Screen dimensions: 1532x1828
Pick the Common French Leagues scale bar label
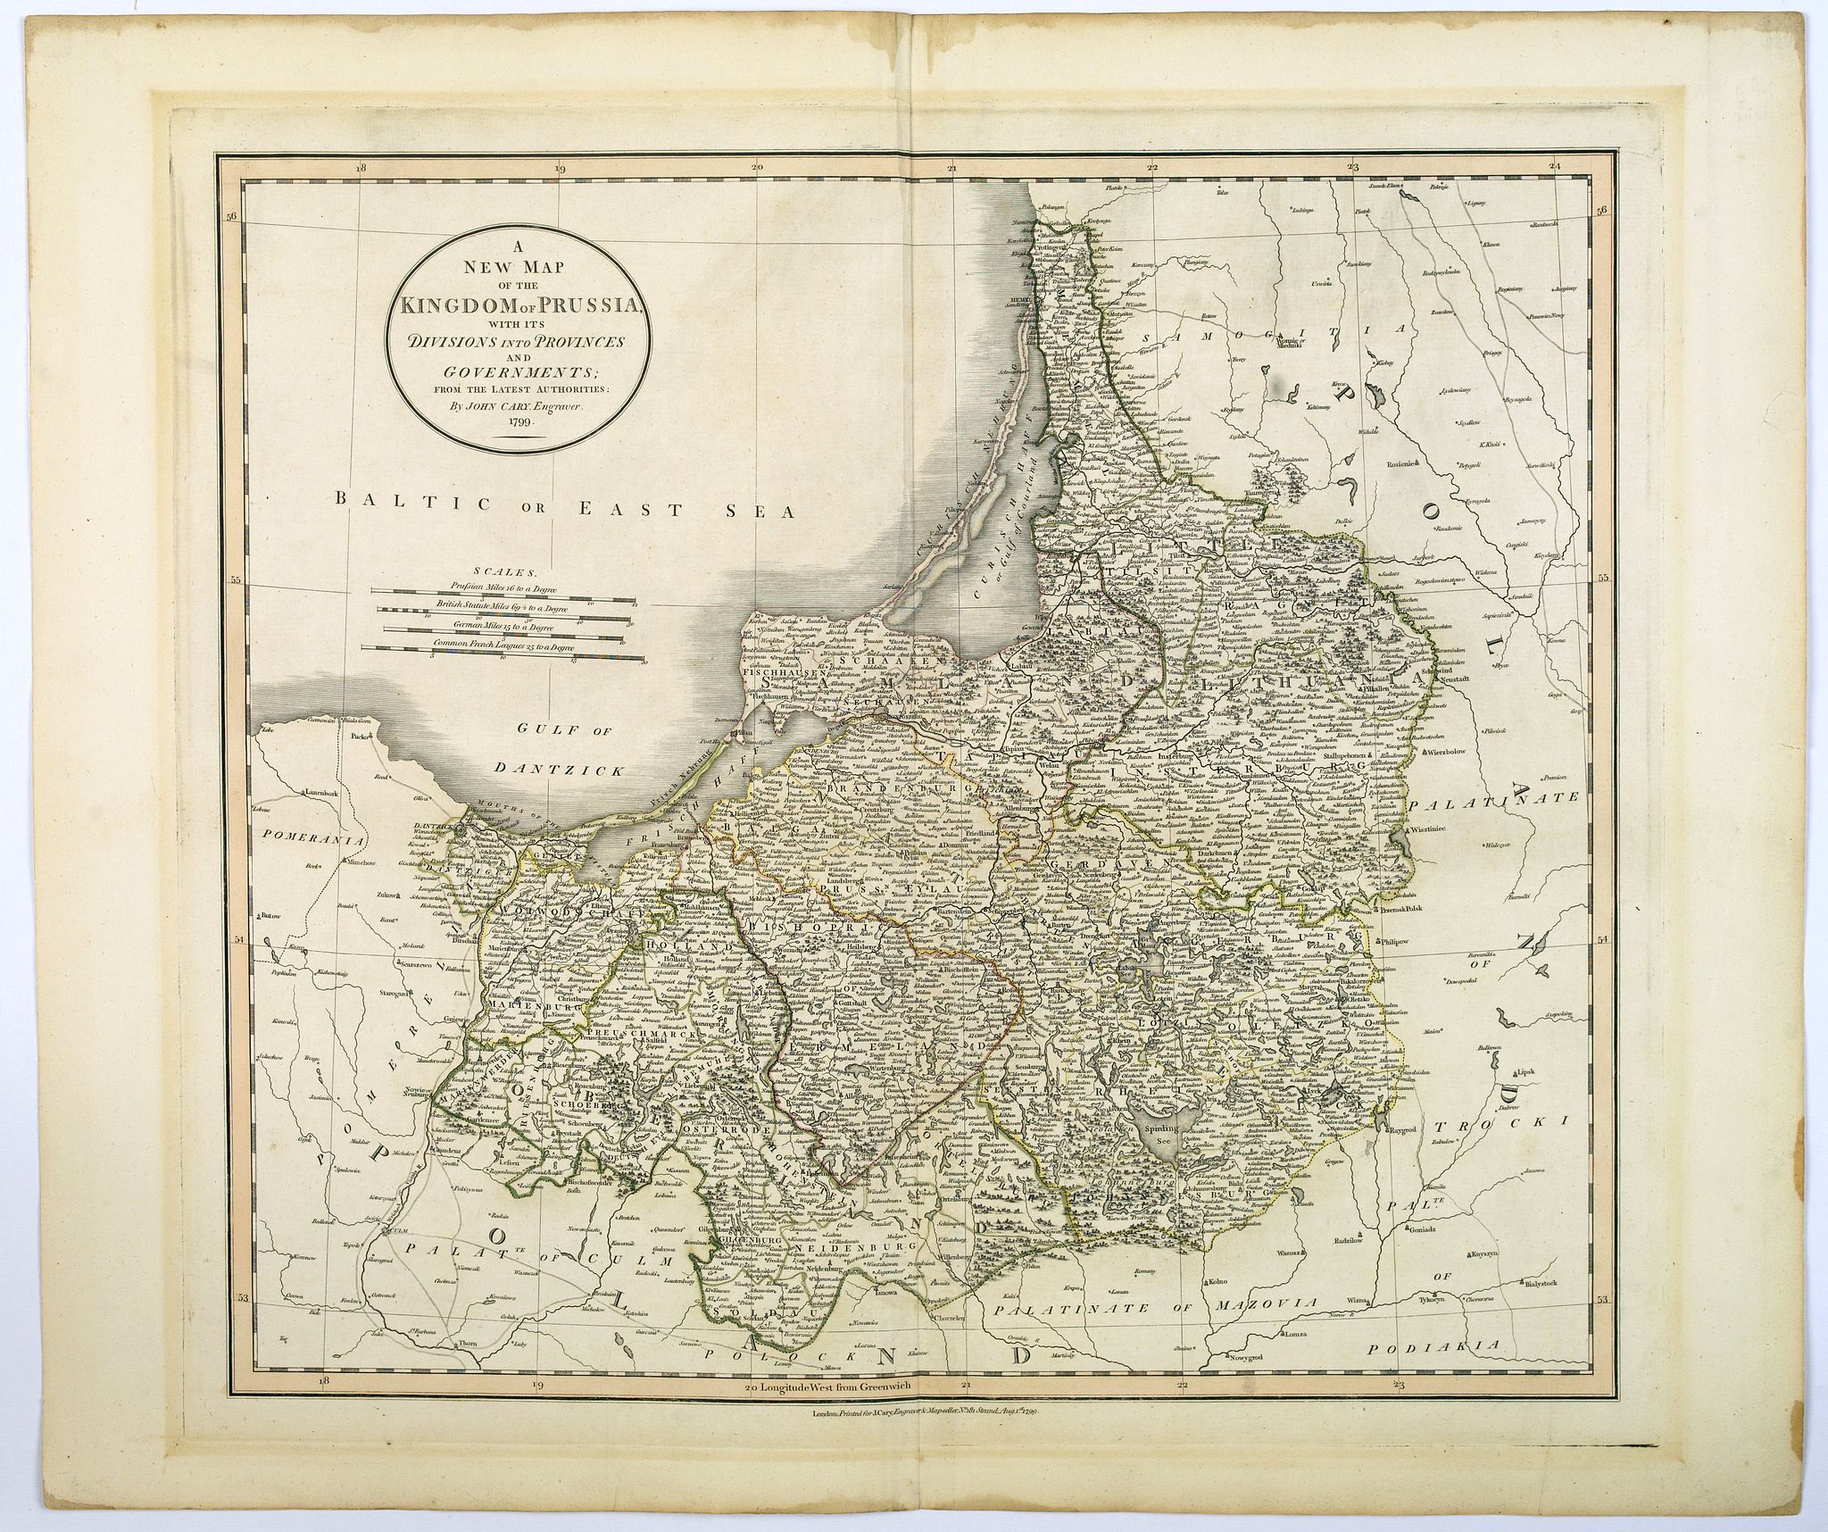pos(502,645)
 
